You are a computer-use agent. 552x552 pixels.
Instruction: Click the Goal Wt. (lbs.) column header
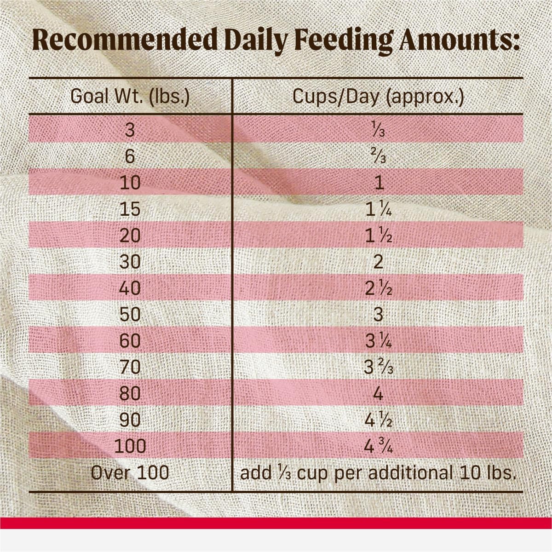point(130,98)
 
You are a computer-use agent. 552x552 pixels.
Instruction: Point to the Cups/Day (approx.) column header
point(378,98)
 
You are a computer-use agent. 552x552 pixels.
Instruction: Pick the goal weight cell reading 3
point(130,131)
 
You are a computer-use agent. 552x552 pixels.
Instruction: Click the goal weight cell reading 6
point(130,157)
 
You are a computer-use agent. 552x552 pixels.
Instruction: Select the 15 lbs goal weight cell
point(130,210)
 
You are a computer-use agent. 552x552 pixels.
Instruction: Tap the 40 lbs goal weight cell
point(130,288)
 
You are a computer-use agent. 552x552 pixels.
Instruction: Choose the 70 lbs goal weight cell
point(130,368)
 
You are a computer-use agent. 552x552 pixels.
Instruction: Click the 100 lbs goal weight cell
point(130,446)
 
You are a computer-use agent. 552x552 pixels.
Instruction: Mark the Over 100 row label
point(130,472)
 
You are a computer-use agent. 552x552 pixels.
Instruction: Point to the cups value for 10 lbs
point(379,183)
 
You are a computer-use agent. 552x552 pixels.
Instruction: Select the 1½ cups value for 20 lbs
point(379,236)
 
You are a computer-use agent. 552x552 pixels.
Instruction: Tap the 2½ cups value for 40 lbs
point(379,288)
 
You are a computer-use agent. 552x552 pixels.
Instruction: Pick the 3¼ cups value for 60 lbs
point(379,341)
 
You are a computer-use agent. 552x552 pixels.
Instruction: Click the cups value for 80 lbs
point(379,394)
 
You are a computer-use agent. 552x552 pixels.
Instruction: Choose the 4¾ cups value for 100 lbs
point(379,446)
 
